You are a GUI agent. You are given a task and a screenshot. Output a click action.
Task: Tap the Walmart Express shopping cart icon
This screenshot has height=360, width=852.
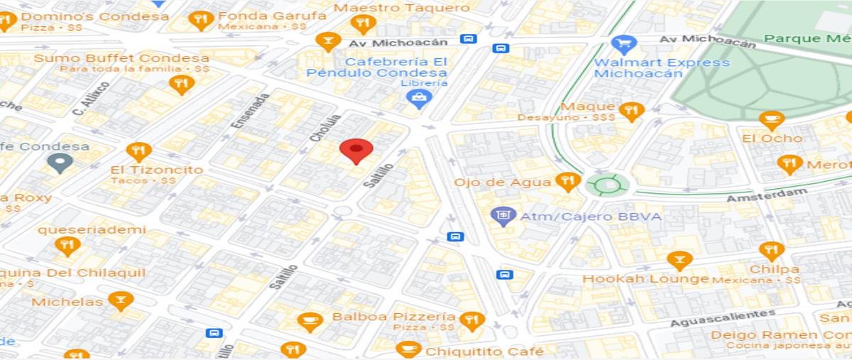pyautogui.click(x=623, y=45)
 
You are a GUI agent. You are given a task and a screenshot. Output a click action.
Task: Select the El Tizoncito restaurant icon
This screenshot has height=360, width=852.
pyautogui.click(x=138, y=151)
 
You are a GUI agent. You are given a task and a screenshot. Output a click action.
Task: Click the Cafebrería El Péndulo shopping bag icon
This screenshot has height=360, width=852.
pyautogui.click(x=420, y=99)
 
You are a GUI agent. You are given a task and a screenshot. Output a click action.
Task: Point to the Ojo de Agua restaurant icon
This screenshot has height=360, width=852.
pyautogui.click(x=567, y=182)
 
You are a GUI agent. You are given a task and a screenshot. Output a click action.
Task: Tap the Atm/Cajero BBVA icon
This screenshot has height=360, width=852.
pyautogui.click(x=504, y=216)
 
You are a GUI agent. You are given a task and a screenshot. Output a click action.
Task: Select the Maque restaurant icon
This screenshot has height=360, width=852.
pyautogui.click(x=630, y=111)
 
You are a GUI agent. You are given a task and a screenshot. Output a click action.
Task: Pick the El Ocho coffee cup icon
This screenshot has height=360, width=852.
pyautogui.click(x=772, y=120)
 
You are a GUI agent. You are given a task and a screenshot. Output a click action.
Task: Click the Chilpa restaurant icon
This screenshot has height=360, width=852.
pyautogui.click(x=772, y=251)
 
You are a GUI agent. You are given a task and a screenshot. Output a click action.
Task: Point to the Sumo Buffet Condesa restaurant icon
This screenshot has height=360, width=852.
pyautogui.click(x=182, y=85)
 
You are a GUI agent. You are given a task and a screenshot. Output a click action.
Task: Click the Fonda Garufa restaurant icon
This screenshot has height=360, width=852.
pyautogui.click(x=202, y=20)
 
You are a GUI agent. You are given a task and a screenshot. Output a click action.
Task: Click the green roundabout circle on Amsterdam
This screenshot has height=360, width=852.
pyautogui.click(x=608, y=186)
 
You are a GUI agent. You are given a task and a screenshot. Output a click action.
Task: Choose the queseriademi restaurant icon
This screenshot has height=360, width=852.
pyautogui.click(x=67, y=246)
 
